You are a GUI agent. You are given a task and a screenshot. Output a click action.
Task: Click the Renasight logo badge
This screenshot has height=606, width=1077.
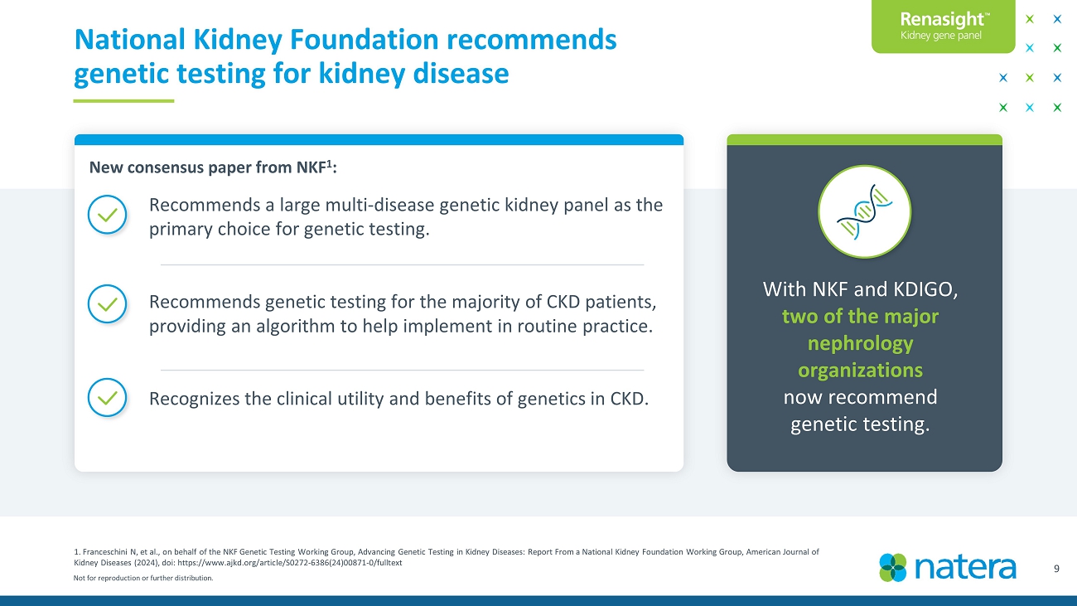(x=944, y=26)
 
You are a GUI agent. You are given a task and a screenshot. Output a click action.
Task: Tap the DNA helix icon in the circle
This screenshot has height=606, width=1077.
(x=864, y=211)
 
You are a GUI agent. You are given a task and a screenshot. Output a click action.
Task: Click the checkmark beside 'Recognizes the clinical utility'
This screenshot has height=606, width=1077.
(x=107, y=397)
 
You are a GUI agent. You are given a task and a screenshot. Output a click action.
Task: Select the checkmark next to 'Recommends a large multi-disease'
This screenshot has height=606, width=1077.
(x=107, y=215)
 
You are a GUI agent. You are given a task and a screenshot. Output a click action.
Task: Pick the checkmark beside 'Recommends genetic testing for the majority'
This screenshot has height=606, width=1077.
(x=107, y=304)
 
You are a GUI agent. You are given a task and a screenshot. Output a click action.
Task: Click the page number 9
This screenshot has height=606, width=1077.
(x=1056, y=569)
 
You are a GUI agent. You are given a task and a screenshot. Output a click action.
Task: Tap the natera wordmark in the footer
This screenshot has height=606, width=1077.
(x=965, y=568)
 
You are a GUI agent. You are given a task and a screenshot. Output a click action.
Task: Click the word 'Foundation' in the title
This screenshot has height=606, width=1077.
(x=364, y=39)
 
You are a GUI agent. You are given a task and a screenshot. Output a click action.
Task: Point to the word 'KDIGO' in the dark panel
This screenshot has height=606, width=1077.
(x=925, y=289)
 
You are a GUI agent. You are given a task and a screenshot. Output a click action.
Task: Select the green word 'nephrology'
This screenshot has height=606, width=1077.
(x=860, y=344)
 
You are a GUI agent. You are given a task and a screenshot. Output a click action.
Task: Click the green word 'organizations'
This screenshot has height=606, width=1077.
(x=860, y=371)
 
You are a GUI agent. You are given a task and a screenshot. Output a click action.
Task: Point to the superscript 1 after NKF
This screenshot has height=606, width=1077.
(x=330, y=163)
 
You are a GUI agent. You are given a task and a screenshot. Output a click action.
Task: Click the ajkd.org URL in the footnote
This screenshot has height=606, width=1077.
(x=289, y=563)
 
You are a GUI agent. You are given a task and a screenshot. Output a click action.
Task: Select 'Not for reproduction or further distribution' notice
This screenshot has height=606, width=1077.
(x=143, y=578)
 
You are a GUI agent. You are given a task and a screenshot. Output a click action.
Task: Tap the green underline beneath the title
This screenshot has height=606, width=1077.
(x=123, y=101)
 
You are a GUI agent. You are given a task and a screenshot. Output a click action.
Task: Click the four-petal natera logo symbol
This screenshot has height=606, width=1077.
(x=893, y=568)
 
